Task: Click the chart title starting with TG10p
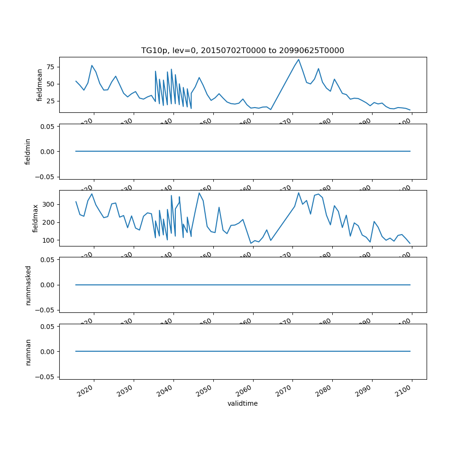click(242, 51)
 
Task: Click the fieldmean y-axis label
click(40, 85)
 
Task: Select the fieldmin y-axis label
click(28, 152)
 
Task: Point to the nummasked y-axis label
click(28, 285)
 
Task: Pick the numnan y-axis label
click(28, 352)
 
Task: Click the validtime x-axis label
click(242, 403)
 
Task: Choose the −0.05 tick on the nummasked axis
click(46, 310)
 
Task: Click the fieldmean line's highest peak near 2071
click(299, 59)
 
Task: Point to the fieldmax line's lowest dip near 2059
click(251, 243)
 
